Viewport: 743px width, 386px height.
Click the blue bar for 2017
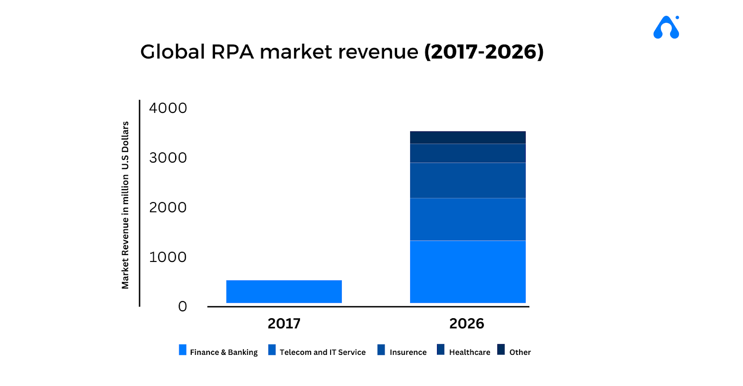(284, 291)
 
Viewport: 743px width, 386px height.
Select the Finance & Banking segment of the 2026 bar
(468, 271)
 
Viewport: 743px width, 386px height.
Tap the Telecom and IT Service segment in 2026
(468, 219)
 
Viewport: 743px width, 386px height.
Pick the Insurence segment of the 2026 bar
(468, 180)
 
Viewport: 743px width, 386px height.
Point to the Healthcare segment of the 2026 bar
(468, 153)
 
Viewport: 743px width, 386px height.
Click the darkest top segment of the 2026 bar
(468, 137)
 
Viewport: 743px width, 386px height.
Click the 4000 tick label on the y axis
(168, 108)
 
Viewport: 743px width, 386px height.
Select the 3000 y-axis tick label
(168, 158)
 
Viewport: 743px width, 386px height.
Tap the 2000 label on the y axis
(168, 208)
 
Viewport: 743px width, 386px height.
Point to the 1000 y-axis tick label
(168, 257)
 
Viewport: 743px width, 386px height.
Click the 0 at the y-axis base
(182, 307)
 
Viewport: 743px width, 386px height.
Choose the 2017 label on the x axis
(284, 324)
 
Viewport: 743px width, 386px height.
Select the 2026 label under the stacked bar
(466, 324)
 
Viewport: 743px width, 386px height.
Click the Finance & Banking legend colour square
(182, 350)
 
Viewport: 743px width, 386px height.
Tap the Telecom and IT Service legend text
(322, 352)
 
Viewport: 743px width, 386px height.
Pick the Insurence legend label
(408, 352)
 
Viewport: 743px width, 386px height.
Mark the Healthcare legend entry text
(469, 352)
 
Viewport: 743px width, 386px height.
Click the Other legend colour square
(501, 349)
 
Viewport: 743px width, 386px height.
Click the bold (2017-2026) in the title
(483, 52)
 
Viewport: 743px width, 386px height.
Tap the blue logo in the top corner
(666, 27)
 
